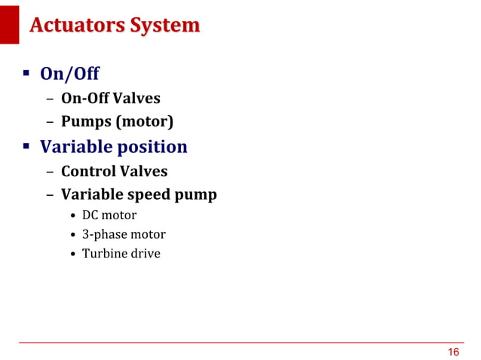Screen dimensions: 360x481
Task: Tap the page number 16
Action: point(453,352)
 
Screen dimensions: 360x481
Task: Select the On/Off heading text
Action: point(69,74)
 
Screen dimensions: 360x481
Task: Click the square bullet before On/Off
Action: point(25,74)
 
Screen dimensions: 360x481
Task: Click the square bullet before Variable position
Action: point(25,146)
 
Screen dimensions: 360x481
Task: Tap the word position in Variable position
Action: point(148,146)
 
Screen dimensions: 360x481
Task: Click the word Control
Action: point(89,172)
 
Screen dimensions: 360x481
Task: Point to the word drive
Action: point(146,254)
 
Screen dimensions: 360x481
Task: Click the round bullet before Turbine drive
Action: point(74,254)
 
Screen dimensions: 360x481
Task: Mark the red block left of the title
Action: point(9,24)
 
